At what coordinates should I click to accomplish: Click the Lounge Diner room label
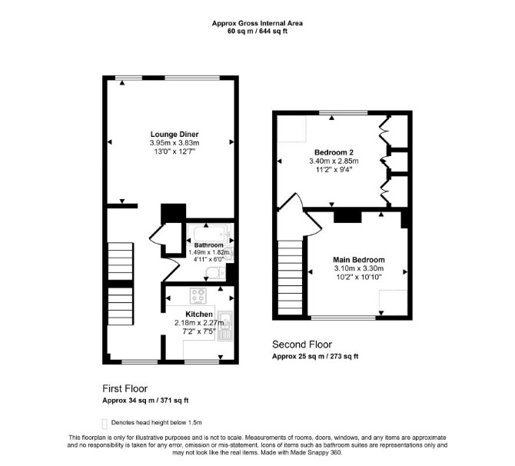[x=174, y=134]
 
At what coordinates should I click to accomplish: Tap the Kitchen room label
[x=199, y=315]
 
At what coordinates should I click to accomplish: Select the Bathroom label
[x=208, y=245]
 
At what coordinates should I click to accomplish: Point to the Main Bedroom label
[x=359, y=260]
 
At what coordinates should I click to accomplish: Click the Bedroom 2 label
[x=334, y=152]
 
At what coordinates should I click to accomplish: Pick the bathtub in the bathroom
[x=209, y=234]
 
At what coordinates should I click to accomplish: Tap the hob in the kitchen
[x=198, y=296]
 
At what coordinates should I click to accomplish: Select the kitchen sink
[x=225, y=325]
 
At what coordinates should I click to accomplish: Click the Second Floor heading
[x=302, y=345]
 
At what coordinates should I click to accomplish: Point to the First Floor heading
[x=125, y=388]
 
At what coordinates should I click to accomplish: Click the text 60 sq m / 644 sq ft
[x=257, y=32]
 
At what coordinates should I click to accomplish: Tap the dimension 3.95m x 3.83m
[x=174, y=143]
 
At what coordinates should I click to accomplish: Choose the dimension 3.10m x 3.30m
[x=359, y=268]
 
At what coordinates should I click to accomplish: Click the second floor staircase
[x=290, y=278]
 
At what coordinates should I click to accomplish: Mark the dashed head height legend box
[x=105, y=424]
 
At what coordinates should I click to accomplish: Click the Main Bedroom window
[x=343, y=318]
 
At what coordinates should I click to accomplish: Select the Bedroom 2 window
[x=344, y=113]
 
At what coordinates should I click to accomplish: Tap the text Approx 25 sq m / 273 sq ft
[x=315, y=356]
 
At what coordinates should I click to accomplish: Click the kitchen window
[x=201, y=362]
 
